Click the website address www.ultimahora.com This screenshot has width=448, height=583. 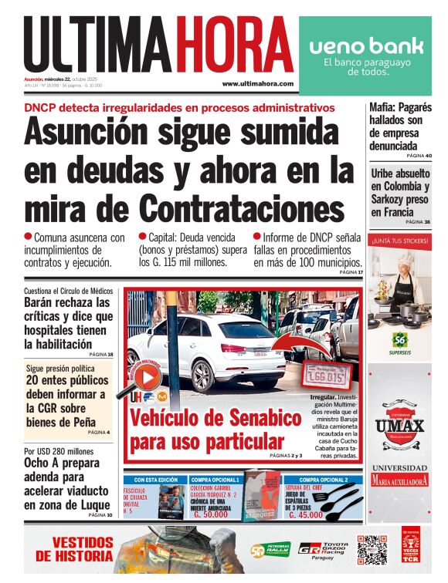pyautogui.click(x=257, y=83)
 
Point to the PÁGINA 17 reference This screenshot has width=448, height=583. pyautogui.click(x=349, y=272)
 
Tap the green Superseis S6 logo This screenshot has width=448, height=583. pyautogui.click(x=399, y=340)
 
